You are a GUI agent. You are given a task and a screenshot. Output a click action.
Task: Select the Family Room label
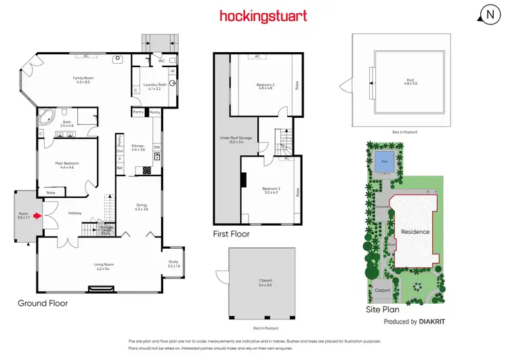click(x=83, y=80)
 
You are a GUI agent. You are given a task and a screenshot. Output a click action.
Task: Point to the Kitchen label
click(x=138, y=147)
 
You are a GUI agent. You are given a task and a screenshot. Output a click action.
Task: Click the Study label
click(x=174, y=264)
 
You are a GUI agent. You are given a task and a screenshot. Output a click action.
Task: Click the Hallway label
click(x=75, y=213)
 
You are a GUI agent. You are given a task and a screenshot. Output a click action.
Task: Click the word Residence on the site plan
click(x=415, y=232)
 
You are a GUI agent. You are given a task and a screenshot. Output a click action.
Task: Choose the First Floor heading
click(x=232, y=235)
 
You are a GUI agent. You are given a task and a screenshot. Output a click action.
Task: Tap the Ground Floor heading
click(x=43, y=303)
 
